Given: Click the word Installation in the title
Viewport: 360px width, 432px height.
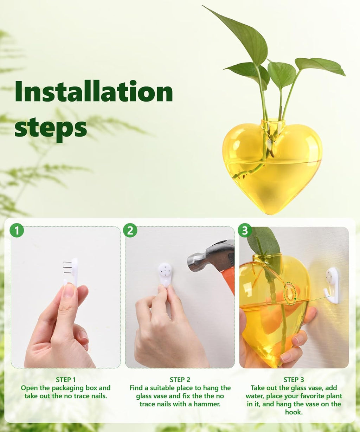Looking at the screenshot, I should [x=94, y=91].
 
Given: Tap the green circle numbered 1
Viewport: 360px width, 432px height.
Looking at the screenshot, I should [x=17, y=231].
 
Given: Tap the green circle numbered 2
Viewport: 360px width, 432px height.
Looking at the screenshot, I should [x=130, y=231].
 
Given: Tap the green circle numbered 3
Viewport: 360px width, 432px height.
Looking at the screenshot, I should [x=245, y=231].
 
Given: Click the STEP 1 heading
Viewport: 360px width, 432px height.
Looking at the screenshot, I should [x=66, y=380].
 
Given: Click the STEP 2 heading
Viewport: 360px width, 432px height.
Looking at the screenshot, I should [x=180, y=380].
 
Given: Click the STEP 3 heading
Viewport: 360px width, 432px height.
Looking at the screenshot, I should [x=294, y=380].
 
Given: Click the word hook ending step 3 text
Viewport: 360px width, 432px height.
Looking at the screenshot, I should [x=294, y=412].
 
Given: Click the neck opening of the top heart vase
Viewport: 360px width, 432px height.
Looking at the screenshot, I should [x=273, y=123].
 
